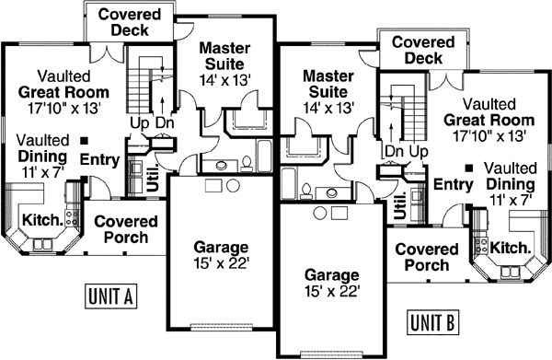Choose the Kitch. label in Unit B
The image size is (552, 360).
pyautogui.click(x=510, y=248)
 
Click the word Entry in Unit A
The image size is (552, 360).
pyautogui.click(x=99, y=161)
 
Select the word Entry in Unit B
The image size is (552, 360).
pyautogui.click(x=453, y=185)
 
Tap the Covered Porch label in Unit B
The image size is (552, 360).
pyautogui.click(x=426, y=257)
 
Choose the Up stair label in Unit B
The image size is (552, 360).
pyautogui.click(x=419, y=150)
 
